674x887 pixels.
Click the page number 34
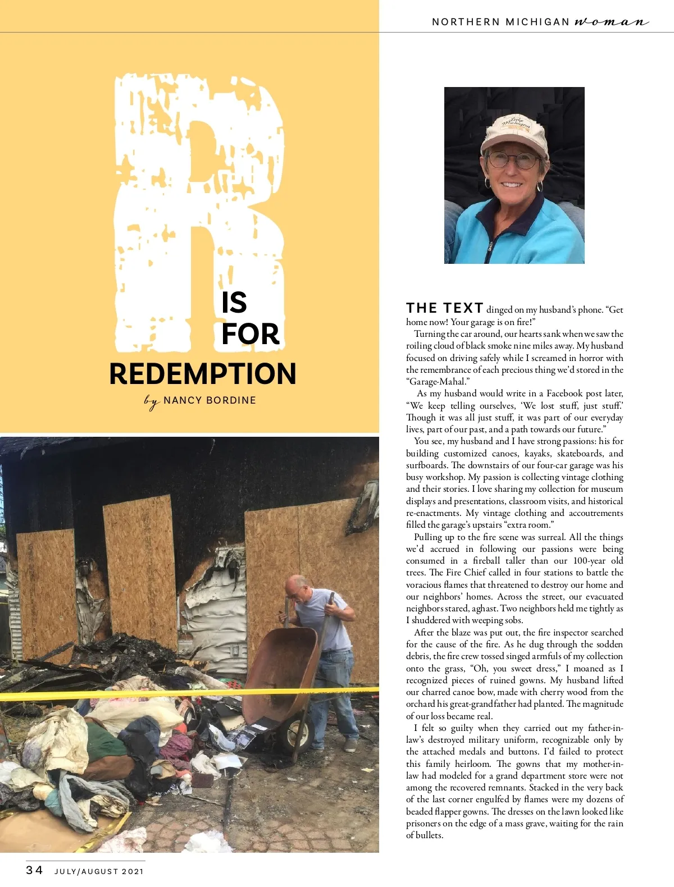coord(34,870)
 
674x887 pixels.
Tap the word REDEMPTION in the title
coord(203,374)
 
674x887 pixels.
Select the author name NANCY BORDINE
coord(210,400)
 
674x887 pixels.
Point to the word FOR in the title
coord(250,334)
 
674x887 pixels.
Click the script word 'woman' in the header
coord(611,22)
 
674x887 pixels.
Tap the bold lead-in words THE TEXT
coord(445,308)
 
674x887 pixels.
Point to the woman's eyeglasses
coord(512,161)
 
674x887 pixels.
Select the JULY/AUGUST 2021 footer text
coord(99,872)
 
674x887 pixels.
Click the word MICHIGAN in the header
coord(538,22)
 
